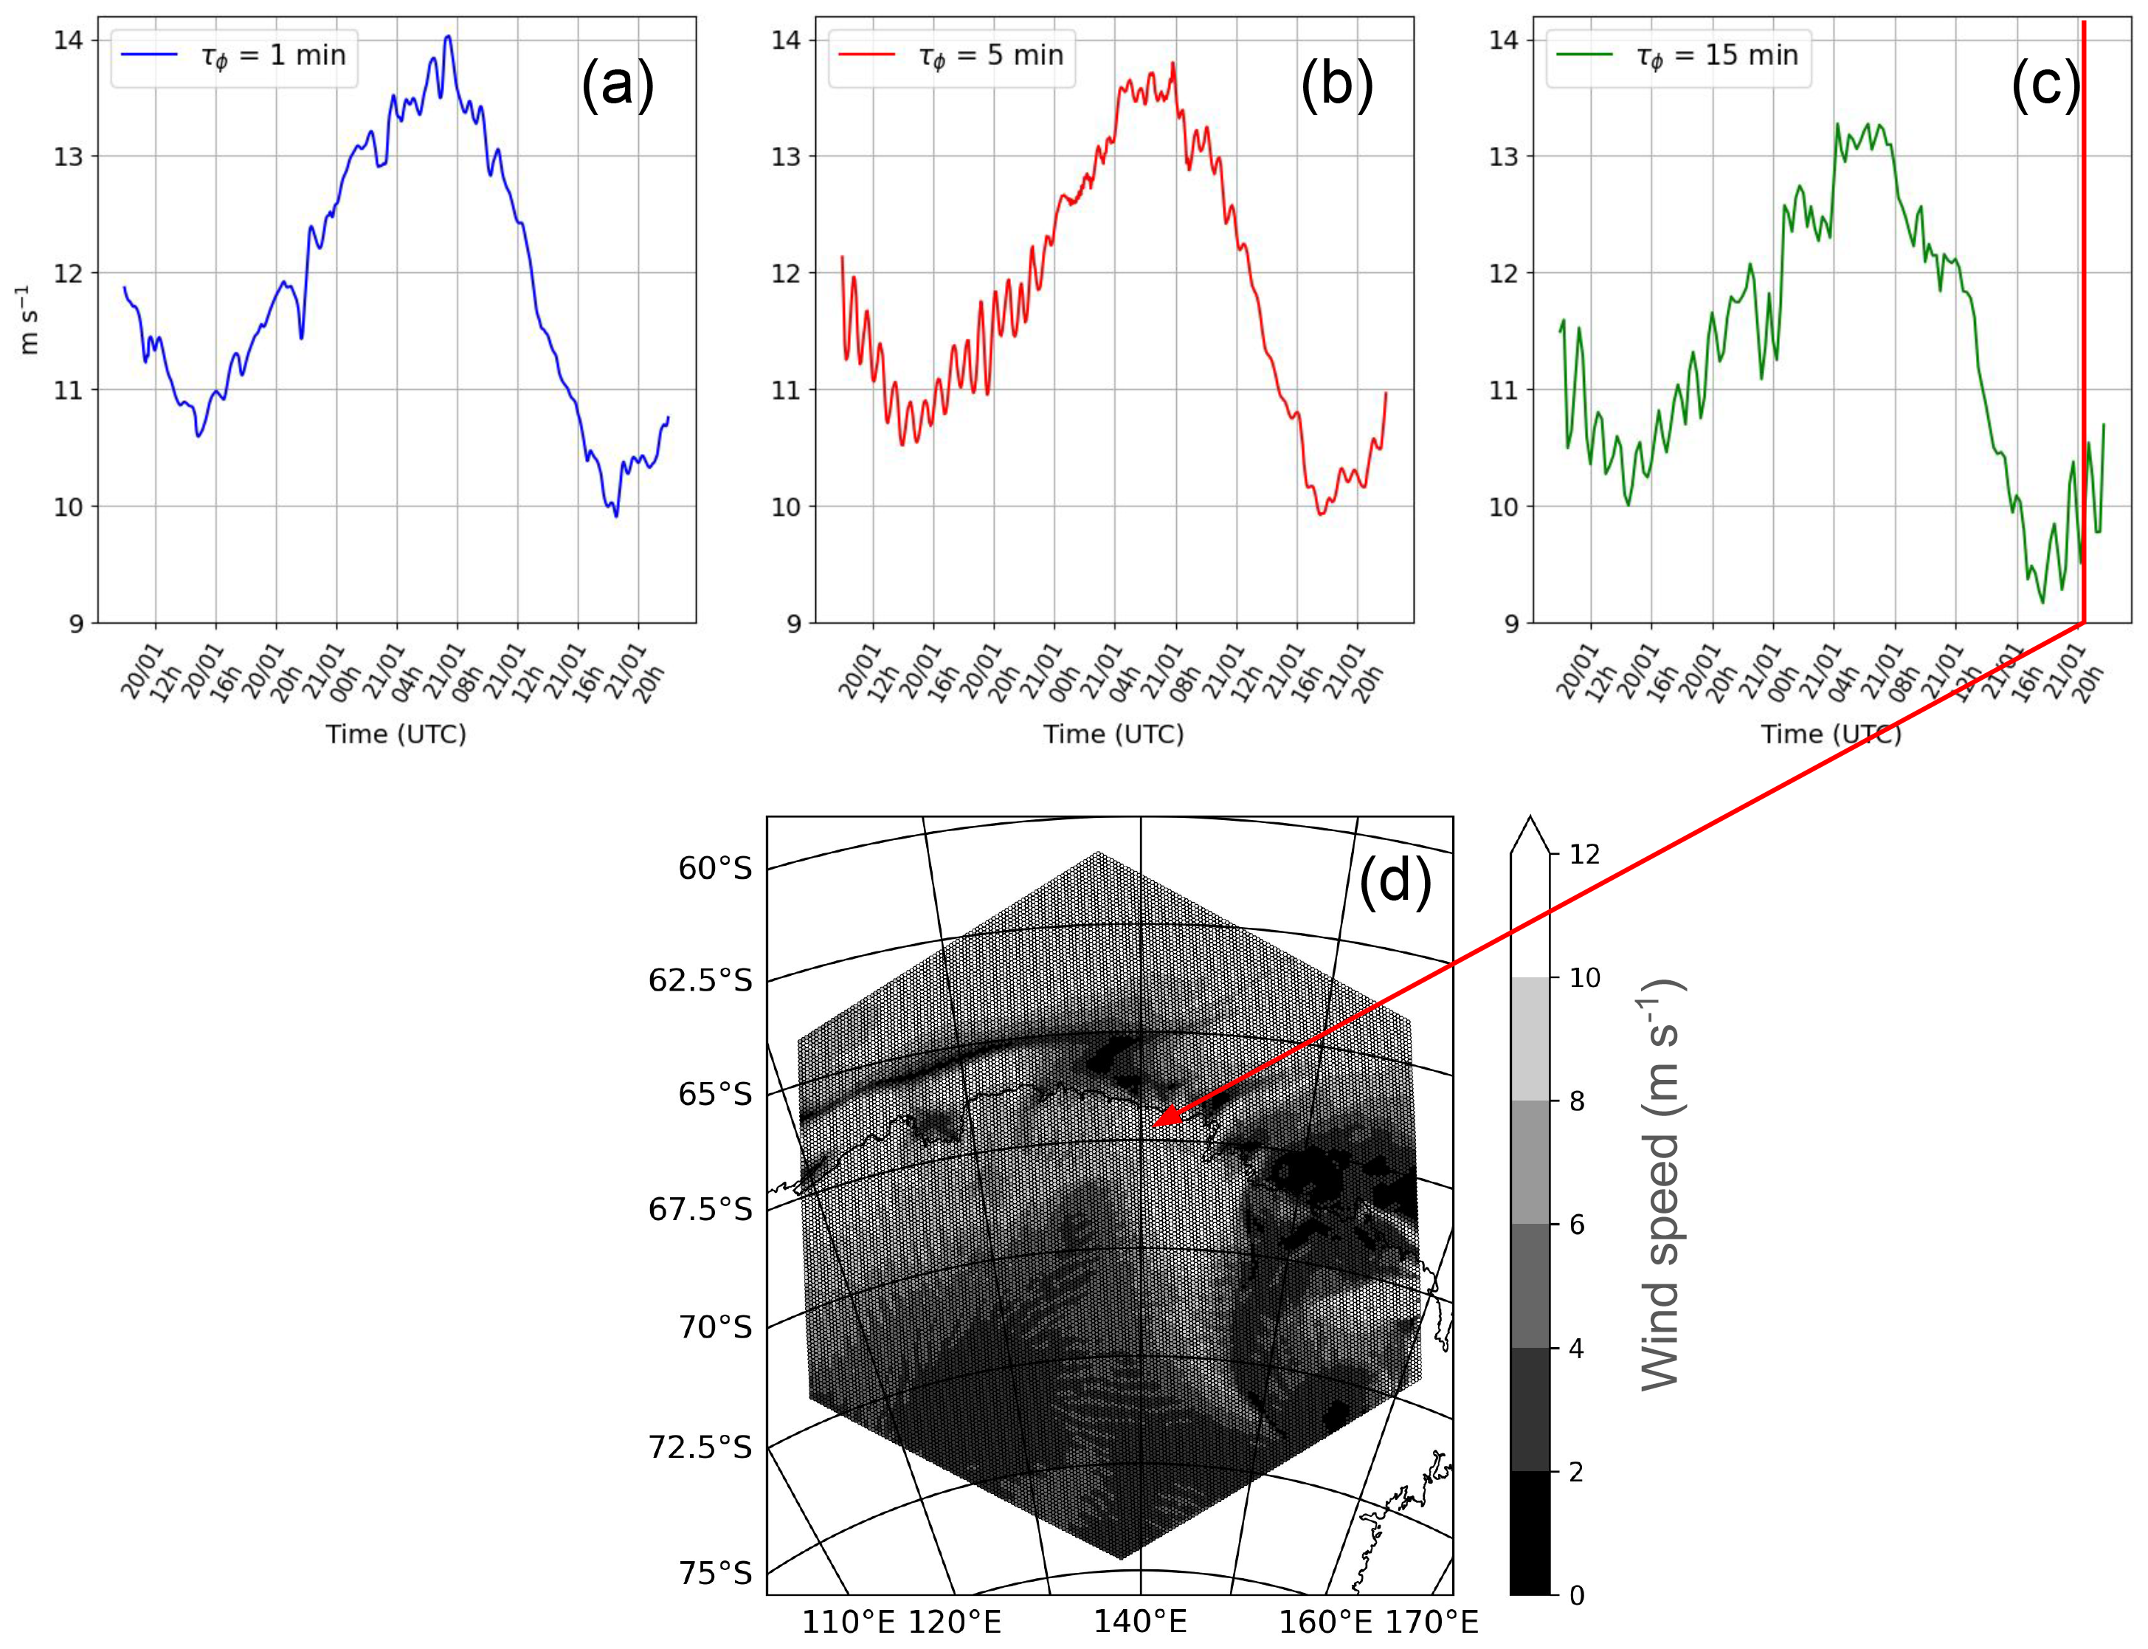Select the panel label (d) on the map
(1395, 881)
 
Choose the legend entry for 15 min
(1679, 56)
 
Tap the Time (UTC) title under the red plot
(1113, 734)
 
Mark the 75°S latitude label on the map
(715, 1574)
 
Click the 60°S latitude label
(715, 869)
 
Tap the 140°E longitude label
(1140, 1622)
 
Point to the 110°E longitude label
(848, 1622)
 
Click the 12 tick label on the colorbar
(1584, 854)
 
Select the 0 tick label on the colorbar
(1576, 1596)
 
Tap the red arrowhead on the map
(1162, 1120)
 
